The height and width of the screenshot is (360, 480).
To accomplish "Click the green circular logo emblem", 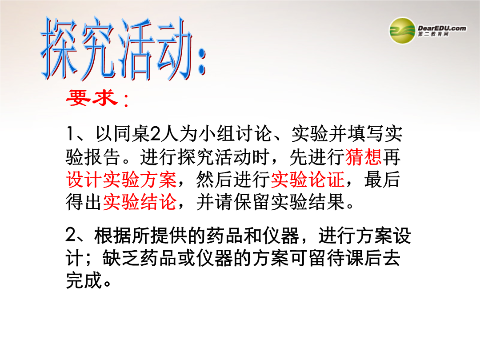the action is pos(402,31).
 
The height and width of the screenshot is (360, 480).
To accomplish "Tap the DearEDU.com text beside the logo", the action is pos(442,28).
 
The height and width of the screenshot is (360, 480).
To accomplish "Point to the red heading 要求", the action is pos(92,98).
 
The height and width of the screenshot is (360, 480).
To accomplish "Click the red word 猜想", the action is pos(364,157).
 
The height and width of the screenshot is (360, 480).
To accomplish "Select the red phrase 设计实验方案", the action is pos(121,180).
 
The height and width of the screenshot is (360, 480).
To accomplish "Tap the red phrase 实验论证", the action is pos(308,180).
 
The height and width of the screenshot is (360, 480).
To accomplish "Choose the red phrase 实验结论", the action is pos(140,202).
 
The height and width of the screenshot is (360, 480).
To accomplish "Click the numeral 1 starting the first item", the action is pos(70,134).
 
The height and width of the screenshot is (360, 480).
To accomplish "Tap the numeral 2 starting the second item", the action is pos(71,236).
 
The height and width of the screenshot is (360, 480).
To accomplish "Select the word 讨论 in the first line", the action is pos(254,134).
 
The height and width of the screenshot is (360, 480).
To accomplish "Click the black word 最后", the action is pos(382,180).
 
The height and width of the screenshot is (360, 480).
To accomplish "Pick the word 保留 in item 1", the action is pos(252,202).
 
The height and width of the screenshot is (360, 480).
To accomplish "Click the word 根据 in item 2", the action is pos(112,236).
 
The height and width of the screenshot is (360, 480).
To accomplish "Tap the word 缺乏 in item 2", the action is pos(121,258).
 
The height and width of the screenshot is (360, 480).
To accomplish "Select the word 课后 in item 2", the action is pos(364,258).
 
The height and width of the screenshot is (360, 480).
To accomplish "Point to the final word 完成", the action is pos(84,280).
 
